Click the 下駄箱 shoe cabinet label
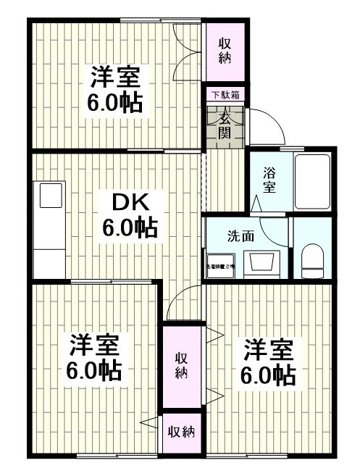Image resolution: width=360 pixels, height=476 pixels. click(225, 95)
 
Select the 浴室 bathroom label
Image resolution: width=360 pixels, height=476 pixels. click(269, 180)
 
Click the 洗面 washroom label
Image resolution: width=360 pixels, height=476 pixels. click(240, 235)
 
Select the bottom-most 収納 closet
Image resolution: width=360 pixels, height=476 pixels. click(181, 433)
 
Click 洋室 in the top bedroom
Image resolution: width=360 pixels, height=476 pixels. click(115, 76)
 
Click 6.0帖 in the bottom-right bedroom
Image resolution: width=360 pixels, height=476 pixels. click(267, 375)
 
